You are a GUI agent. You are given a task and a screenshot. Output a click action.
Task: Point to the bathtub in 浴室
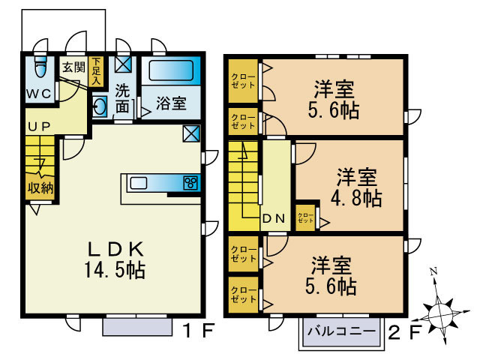pyautogui.click(x=171, y=72)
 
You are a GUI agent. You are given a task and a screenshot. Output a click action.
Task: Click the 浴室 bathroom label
pyautogui.click(x=171, y=103)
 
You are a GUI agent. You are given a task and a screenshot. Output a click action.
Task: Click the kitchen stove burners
pyautogui.click(x=190, y=182)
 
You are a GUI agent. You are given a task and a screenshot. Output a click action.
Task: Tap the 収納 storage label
pyautogui.click(x=40, y=187)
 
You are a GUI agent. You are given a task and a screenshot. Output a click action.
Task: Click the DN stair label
pyautogui.click(x=273, y=220)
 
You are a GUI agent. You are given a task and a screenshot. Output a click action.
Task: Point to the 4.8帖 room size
pyautogui.click(x=357, y=199)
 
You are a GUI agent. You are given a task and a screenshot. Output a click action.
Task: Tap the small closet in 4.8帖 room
pyautogui.click(x=305, y=217)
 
